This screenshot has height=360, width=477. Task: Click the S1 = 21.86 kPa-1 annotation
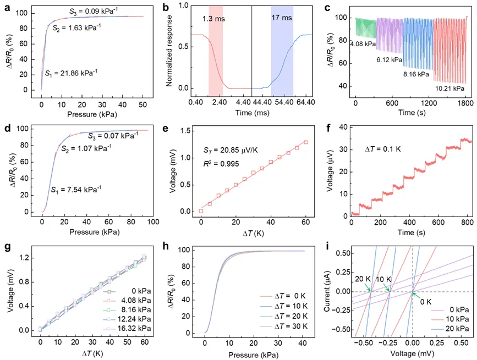coord(71,73)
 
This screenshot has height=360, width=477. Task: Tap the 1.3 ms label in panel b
coord(213,19)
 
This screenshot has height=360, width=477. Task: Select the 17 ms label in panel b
coord(282,18)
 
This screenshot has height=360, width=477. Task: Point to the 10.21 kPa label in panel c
coord(449,88)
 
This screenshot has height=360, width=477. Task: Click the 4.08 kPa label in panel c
coord(363,44)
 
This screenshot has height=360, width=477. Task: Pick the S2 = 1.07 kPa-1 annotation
coord(86,148)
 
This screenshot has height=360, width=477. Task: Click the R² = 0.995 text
coord(221,164)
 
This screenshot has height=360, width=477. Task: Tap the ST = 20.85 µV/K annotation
coord(231,150)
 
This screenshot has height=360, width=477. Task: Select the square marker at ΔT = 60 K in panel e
coord(306,142)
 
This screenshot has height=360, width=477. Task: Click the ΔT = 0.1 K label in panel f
coord(383,149)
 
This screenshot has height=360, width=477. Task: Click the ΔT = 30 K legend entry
coord(283,326)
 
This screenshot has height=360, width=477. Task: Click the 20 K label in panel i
coord(363,279)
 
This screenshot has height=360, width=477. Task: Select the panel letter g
coord(8,247)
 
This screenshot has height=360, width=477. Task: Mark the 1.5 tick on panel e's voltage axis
coord(186,131)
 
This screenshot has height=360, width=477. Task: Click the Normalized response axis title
coord(169,51)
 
